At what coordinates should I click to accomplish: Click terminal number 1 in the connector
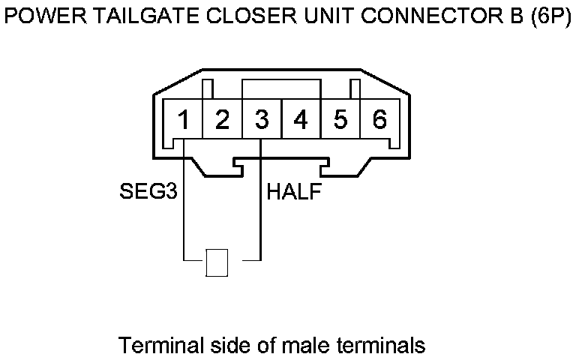click(183, 119)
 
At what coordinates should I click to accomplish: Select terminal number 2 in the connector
click(222, 119)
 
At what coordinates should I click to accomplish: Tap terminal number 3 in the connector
click(262, 119)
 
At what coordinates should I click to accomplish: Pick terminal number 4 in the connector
click(301, 119)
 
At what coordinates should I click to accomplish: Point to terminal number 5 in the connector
click(340, 119)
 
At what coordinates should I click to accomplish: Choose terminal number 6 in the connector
click(379, 119)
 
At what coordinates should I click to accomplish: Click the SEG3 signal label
click(148, 192)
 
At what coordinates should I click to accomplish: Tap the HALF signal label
click(295, 192)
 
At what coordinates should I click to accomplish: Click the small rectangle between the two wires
click(217, 262)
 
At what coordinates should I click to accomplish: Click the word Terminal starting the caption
click(155, 346)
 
